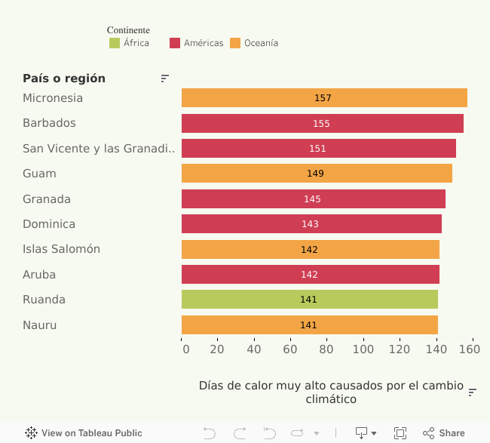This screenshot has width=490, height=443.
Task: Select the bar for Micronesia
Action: [324, 98]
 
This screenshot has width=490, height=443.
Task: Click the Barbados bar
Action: [322, 123]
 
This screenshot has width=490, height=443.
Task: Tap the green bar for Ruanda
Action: [309, 300]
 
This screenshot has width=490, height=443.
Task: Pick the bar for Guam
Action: [317, 174]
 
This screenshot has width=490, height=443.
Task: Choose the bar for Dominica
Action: [311, 224]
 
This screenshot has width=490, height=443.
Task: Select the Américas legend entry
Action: [197, 43]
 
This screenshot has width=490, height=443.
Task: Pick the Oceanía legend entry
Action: [255, 43]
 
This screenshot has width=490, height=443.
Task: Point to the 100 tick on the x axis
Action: [363, 350]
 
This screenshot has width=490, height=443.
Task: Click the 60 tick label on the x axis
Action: [290, 350]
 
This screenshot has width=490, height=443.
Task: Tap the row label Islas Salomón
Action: [61, 249]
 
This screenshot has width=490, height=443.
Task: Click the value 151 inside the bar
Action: [317, 149]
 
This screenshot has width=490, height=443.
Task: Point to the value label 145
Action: [312, 199]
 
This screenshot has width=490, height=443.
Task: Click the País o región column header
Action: [64, 78]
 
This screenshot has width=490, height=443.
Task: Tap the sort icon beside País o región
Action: [164, 78]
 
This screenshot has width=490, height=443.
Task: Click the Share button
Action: [444, 433]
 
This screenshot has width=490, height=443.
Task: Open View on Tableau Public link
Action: [84, 433]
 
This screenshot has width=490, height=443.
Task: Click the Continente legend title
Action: [128, 30]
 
